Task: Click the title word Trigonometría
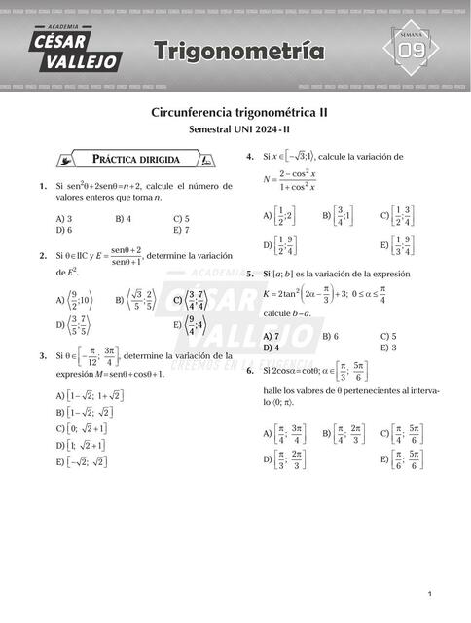coord(238,49)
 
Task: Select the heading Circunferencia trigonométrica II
coord(238,112)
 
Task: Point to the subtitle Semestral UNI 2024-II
coord(238,129)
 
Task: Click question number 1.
coord(43,186)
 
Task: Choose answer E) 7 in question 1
coord(183,231)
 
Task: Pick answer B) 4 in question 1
coord(124,219)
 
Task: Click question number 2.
coord(43,256)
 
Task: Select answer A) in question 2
coord(74,301)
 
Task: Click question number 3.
coord(43,356)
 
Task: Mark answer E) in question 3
coord(81,462)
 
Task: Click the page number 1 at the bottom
coord(429,594)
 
